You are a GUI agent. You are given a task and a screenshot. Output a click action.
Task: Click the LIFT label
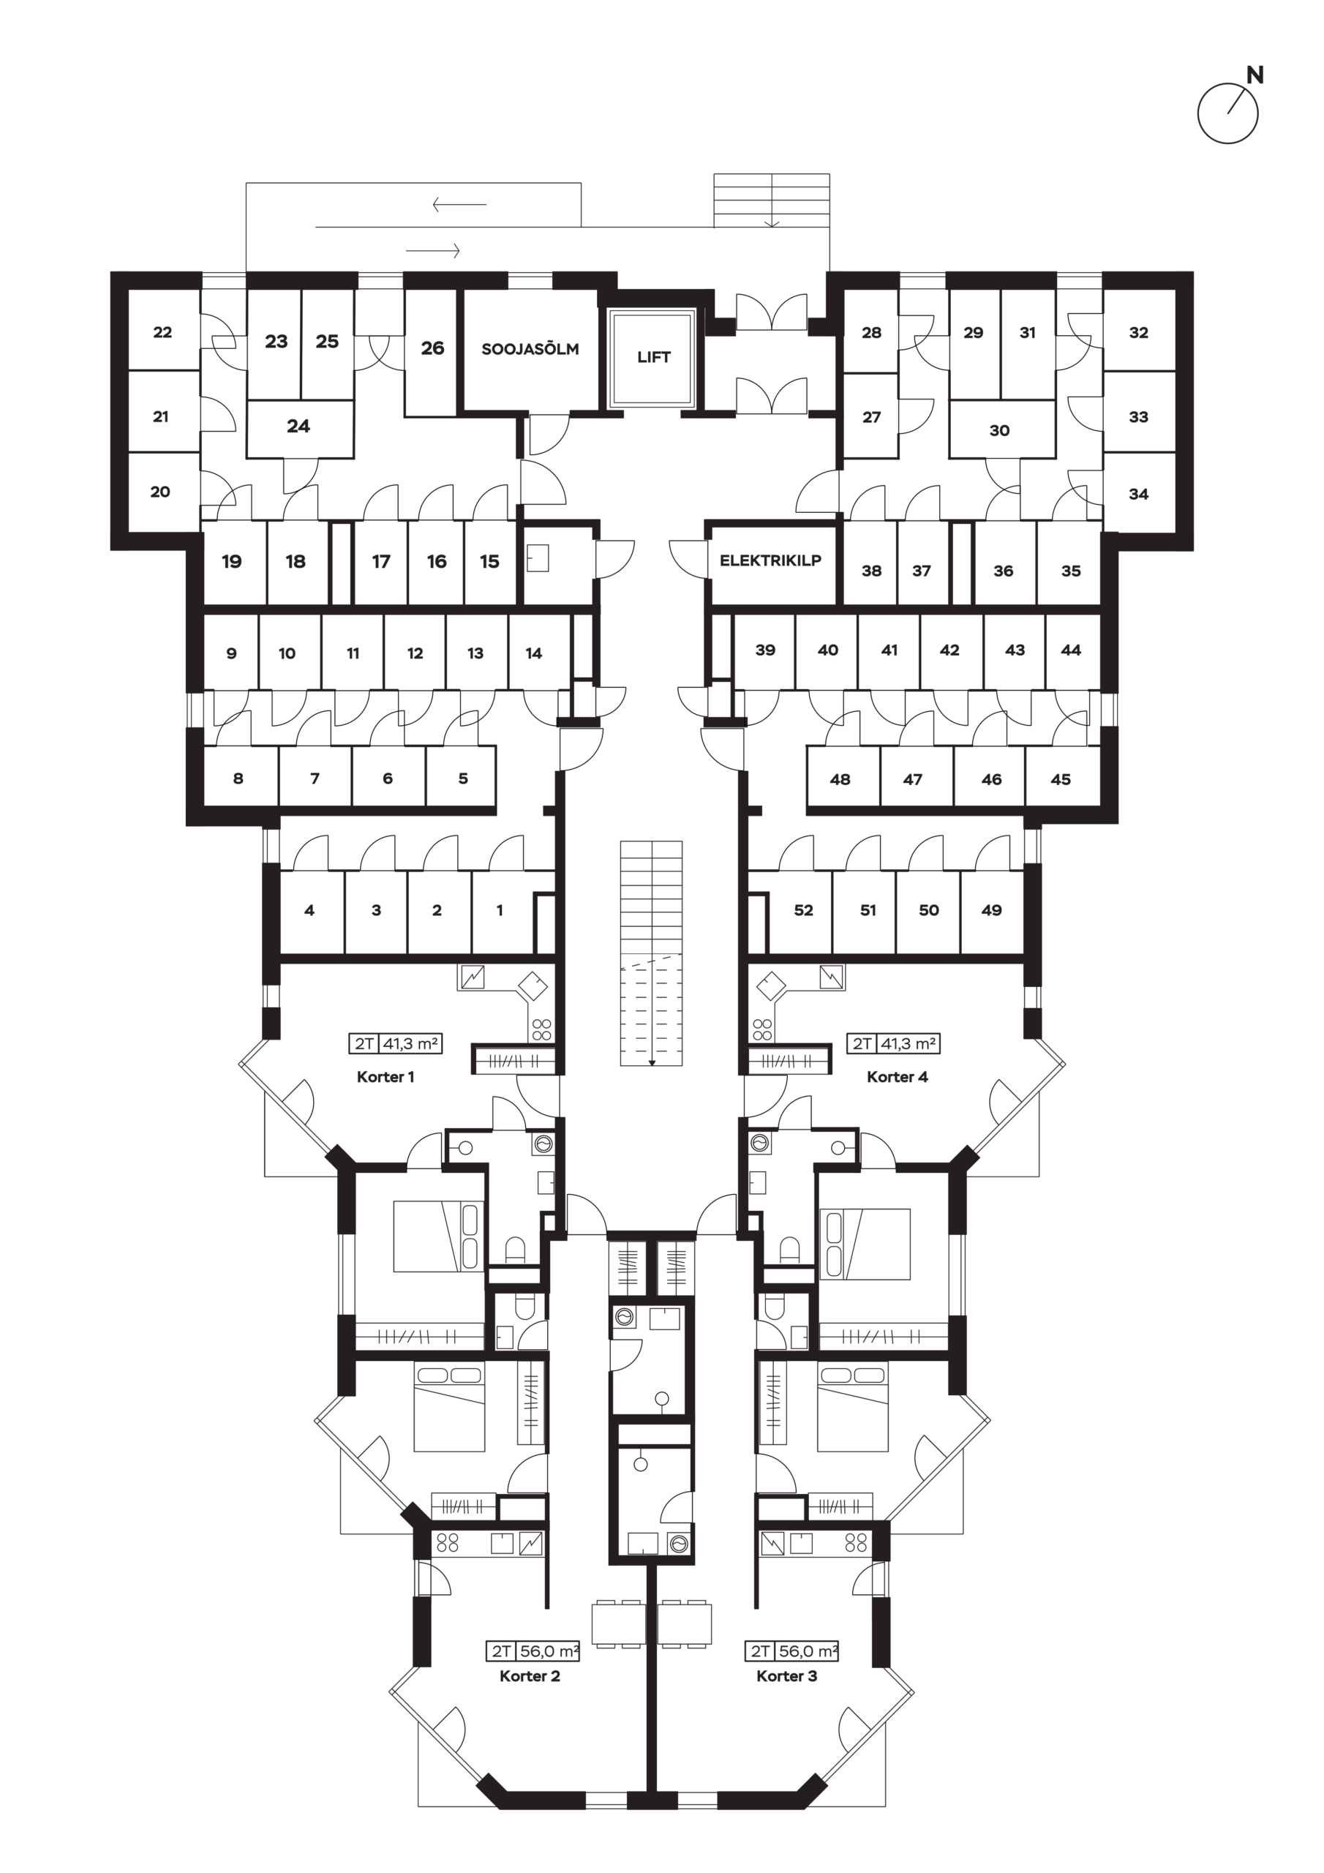point(653,356)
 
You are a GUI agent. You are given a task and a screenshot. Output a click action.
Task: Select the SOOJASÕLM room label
point(530,348)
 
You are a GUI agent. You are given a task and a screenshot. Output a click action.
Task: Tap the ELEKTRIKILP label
point(770,560)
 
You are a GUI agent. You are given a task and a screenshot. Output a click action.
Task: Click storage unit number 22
point(162,332)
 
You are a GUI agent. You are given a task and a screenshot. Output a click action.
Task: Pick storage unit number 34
point(1138,494)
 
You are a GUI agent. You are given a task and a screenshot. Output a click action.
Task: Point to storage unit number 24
point(298,426)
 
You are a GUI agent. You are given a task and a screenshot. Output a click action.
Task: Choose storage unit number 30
point(999,430)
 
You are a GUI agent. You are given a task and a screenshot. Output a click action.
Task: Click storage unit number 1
point(500,910)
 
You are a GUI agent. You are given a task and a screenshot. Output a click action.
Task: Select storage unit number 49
point(991,910)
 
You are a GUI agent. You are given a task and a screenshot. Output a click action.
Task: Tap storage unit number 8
point(238,778)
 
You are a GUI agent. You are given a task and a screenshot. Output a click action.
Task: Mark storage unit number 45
point(1061,779)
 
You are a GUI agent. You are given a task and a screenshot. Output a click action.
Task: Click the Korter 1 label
point(385,1077)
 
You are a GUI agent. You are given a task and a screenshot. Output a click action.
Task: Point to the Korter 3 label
point(786,1675)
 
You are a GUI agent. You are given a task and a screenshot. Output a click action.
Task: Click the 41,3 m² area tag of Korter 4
point(907,1043)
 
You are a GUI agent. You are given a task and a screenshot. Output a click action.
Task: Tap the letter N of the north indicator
point(1255,75)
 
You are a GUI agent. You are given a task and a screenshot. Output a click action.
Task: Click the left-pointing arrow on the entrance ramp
point(459,204)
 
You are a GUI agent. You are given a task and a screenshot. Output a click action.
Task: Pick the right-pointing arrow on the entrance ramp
point(433,249)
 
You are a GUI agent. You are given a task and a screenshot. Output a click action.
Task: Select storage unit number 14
point(533,653)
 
